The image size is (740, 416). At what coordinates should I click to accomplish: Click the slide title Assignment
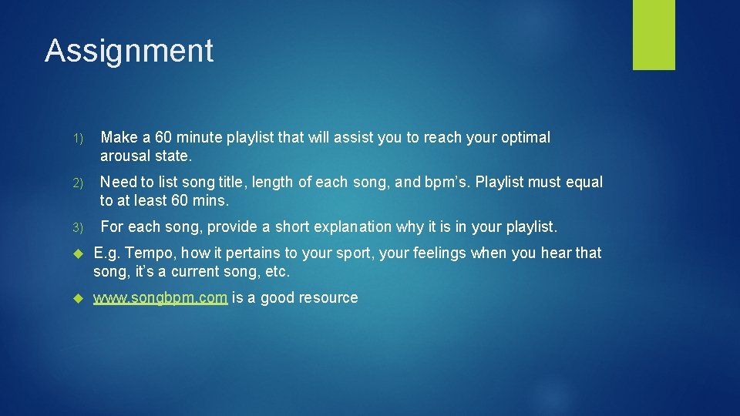pyautogui.click(x=129, y=51)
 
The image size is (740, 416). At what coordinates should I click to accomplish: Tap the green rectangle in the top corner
pyautogui.click(x=654, y=35)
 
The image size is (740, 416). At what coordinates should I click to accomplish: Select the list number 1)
pyautogui.click(x=79, y=139)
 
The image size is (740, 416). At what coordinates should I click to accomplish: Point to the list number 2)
pyautogui.click(x=79, y=183)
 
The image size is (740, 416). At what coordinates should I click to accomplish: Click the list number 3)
pyautogui.click(x=79, y=228)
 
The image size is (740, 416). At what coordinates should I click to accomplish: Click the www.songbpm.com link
pyautogui.click(x=160, y=297)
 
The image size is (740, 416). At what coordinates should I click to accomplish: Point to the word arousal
pyautogui.click(x=126, y=156)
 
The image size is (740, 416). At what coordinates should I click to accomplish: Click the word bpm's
pyautogui.click(x=446, y=183)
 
